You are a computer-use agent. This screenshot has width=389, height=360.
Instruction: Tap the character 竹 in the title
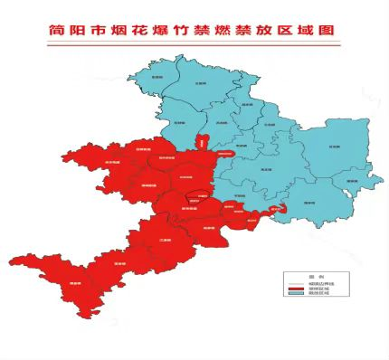(193, 30)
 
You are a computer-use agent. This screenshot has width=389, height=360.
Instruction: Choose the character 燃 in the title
(238, 30)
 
